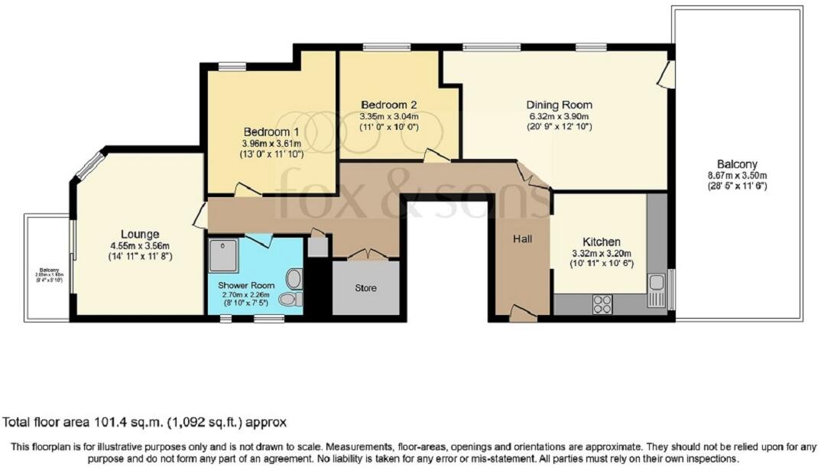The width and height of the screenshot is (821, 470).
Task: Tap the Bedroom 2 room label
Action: (x=388, y=104)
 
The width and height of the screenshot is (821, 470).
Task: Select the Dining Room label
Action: (x=559, y=105)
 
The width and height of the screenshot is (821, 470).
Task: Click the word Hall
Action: (x=523, y=239)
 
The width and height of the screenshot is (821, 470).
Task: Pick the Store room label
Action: (x=365, y=288)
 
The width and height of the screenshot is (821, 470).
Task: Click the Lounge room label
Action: (x=139, y=234)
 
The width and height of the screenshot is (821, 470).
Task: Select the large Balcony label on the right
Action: (x=737, y=164)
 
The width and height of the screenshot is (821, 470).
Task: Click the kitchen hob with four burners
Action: (x=602, y=303)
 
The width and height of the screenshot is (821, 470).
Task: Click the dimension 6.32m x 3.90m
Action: (x=559, y=116)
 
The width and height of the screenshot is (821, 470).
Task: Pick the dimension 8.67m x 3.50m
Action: (x=737, y=175)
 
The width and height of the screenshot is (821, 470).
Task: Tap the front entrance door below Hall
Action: (x=522, y=312)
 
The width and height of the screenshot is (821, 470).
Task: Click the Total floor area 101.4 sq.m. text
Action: (x=145, y=422)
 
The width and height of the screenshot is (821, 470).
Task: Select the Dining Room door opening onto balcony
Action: (x=667, y=76)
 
